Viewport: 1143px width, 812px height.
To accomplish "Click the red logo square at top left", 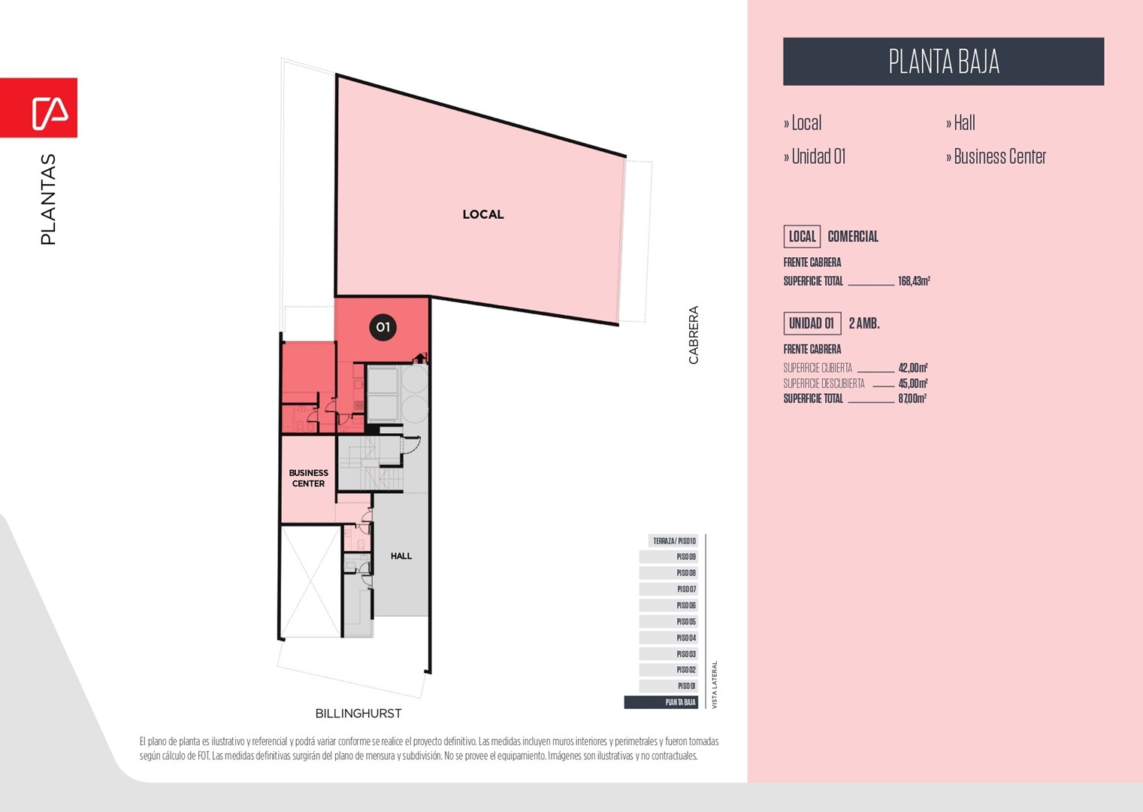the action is point(39,108).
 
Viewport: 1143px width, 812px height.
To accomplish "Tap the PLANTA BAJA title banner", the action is point(944,61).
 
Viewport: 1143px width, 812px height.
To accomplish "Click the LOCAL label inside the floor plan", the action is point(483,214).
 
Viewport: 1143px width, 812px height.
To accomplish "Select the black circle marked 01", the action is point(383,327).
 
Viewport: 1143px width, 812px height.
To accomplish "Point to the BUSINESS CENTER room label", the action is point(308,478).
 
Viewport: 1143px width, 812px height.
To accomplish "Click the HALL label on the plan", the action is point(401,556).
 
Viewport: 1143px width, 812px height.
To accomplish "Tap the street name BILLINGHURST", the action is point(358,714).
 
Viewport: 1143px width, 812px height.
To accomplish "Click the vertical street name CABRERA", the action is point(693,335).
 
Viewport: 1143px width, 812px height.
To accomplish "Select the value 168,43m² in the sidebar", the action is point(914,280).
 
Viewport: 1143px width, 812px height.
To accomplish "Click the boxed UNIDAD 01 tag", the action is point(812,323).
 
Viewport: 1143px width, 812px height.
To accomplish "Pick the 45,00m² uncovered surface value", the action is point(913,383).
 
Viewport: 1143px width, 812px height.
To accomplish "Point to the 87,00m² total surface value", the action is point(912,398).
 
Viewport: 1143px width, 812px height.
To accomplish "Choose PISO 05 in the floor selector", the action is point(669,622).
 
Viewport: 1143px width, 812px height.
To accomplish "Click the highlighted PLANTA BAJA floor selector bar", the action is point(661,702).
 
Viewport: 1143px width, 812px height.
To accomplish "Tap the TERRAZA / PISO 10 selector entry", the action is point(673,541).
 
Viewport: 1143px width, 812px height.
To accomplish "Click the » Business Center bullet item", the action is point(996,156).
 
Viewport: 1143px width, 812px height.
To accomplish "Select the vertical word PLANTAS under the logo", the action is point(48,199).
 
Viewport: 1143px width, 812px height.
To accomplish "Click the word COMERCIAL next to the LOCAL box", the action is point(853,236).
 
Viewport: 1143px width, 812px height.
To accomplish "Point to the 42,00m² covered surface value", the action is point(913,368).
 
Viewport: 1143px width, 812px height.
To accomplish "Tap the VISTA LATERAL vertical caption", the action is point(715,685).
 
